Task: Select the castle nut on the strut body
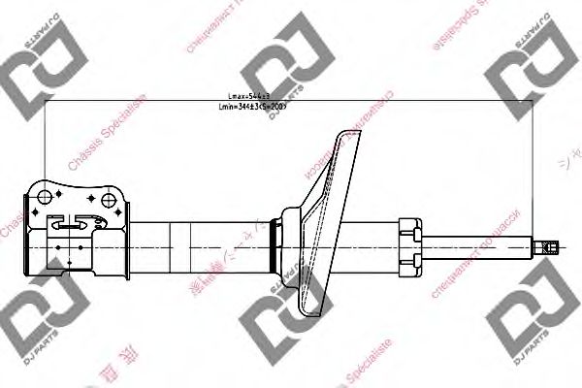(409, 244)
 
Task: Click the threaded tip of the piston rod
(545, 246)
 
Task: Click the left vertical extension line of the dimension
(46, 145)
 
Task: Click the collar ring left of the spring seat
(278, 245)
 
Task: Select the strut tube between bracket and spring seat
(204, 245)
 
